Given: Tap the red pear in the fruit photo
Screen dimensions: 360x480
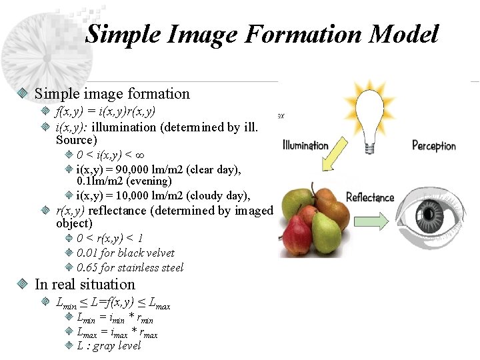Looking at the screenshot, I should [297, 233].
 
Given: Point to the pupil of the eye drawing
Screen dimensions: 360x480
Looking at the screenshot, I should [440, 212].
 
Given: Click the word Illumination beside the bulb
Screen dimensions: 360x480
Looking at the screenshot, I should [305, 145].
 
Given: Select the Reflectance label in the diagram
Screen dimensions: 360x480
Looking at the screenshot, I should [370, 197].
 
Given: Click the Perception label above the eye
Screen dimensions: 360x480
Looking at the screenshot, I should [434, 145].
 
